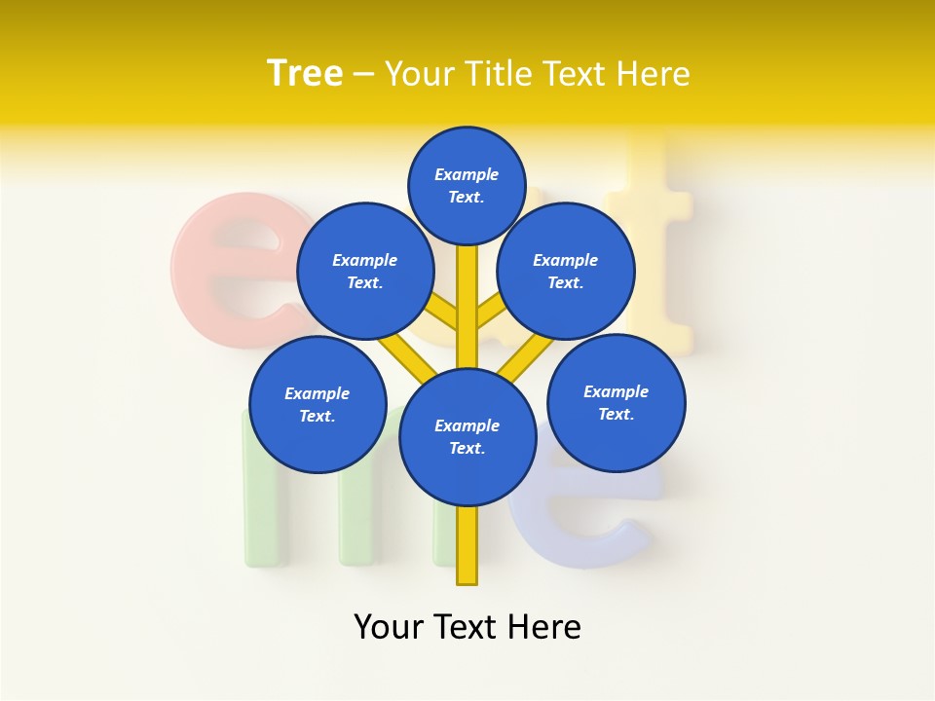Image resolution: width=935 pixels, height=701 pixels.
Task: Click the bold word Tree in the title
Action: coord(305,73)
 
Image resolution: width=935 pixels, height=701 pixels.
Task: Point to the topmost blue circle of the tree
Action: coord(467,185)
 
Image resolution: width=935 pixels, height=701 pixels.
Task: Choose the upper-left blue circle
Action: coord(364,271)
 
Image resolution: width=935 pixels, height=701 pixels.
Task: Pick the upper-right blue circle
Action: coord(566,271)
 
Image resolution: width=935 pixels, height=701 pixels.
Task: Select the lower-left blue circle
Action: coord(318,404)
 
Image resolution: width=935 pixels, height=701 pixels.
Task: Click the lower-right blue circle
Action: coord(616,402)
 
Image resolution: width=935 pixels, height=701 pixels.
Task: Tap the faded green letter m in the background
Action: coord(292,506)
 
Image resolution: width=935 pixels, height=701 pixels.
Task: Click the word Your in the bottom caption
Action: coord(391,626)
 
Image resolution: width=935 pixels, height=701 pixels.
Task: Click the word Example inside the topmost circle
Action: coord(467,174)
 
